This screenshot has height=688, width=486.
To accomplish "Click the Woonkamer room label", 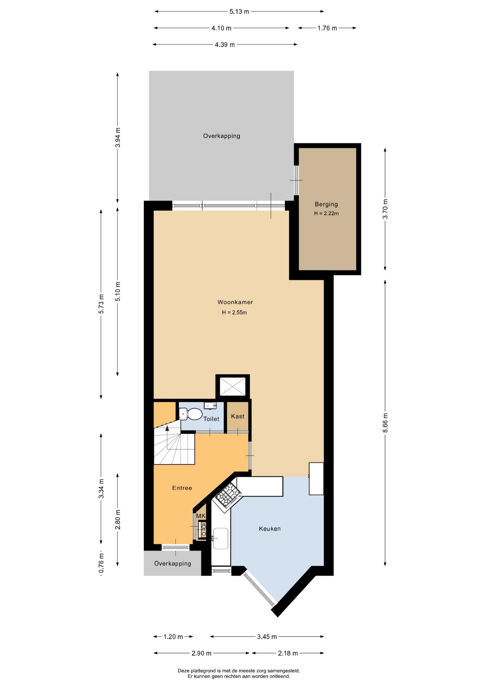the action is pos(235,302).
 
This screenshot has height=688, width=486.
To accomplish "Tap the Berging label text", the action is pos(326,204).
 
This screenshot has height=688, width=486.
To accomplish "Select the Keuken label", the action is pos(269,529).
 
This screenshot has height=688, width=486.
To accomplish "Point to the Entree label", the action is pos(182,488).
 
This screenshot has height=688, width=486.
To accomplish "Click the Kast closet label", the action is pos(238,416).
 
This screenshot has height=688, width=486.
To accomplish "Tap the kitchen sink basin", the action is pos(220,538).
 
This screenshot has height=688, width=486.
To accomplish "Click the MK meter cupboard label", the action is pos(201,516).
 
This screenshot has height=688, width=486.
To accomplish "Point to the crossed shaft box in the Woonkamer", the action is pos(233,387).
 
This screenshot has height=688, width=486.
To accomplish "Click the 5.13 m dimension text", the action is pos(239,11).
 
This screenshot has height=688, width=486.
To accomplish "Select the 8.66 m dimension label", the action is pos(385,423).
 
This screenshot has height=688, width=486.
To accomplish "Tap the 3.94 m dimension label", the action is pos(118,138).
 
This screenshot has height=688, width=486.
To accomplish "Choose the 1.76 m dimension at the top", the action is pos(327,28).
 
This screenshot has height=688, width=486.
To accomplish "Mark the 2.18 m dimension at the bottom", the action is pos(288,653).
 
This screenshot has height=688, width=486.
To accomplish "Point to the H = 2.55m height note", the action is pos(234,312).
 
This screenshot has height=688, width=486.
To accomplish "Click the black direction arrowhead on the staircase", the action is pos(167,428).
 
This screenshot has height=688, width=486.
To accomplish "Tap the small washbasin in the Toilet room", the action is pos(210,405).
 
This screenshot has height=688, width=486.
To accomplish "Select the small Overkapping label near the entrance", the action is pos(172,563).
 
